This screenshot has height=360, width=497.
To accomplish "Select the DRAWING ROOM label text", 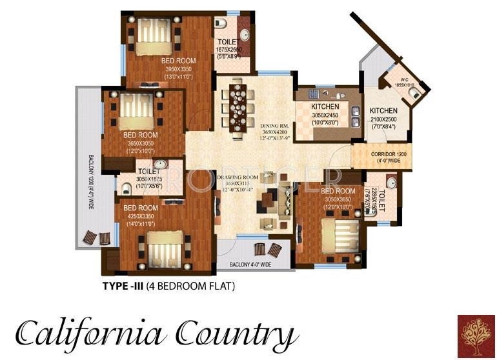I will pos(238,176).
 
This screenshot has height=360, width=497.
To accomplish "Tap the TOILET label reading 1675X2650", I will pos(229,43).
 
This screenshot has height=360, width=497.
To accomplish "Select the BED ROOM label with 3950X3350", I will pos(179,61).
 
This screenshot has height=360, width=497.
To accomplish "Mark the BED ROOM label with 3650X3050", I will pos(140,135).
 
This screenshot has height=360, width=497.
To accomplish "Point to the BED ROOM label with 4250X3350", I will pos(141,207).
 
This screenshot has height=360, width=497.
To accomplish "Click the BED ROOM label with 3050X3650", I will pos(338,192).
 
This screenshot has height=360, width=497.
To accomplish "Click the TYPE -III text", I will pos(125,285).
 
